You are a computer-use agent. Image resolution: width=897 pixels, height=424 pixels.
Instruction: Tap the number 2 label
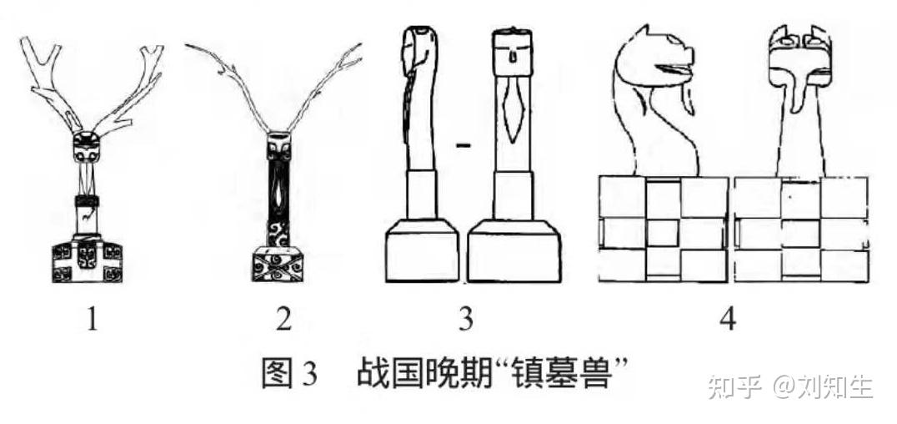coord(284,320)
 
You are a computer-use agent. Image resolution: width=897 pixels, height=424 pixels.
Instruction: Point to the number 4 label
coord(728,320)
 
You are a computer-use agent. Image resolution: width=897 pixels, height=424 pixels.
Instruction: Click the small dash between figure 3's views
coord(464,146)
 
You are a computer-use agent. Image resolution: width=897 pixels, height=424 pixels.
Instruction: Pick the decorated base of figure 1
coord(87,260)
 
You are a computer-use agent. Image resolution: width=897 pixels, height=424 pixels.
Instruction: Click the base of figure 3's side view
coord(422,255)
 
